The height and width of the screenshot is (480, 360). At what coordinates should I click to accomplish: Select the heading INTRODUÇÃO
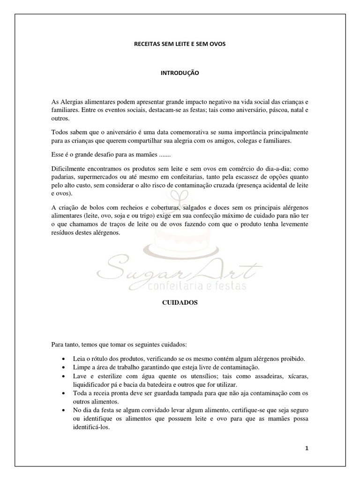(180, 74)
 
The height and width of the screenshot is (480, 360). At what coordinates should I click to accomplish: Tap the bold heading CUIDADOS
(180, 303)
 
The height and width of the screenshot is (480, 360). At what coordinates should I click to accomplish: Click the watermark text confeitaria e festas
(206, 285)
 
